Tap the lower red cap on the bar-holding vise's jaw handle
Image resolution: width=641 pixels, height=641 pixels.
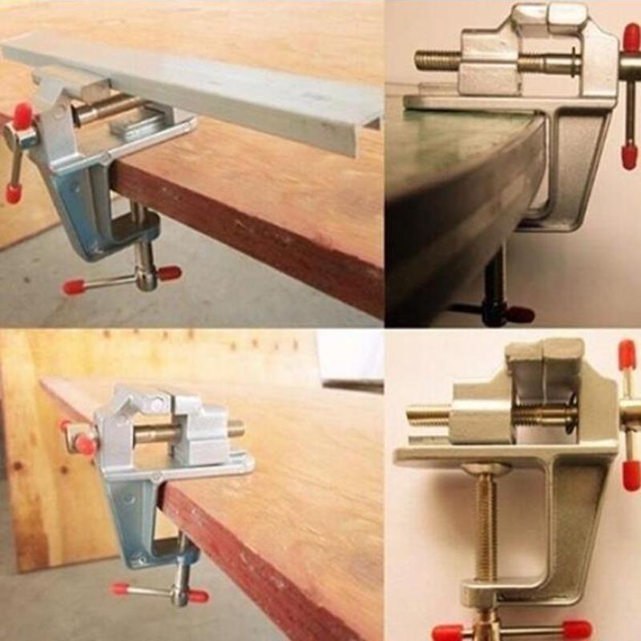pos(13,193)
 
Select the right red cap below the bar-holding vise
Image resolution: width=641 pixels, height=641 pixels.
pos(169,273)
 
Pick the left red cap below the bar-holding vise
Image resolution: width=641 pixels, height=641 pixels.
pos(74,286)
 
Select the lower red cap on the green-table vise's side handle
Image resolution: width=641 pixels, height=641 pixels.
pos(630,156)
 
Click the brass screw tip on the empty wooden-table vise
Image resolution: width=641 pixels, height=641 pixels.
pos(236,429)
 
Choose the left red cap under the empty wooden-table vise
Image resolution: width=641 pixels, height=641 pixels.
pos(121,589)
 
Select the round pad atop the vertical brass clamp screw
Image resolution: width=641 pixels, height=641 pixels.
pos(486,468)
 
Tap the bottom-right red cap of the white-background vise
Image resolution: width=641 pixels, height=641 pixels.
pos(576,630)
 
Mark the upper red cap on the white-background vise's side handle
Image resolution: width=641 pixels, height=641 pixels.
pos(627,353)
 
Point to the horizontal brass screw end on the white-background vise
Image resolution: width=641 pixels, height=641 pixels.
pos(420,416)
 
